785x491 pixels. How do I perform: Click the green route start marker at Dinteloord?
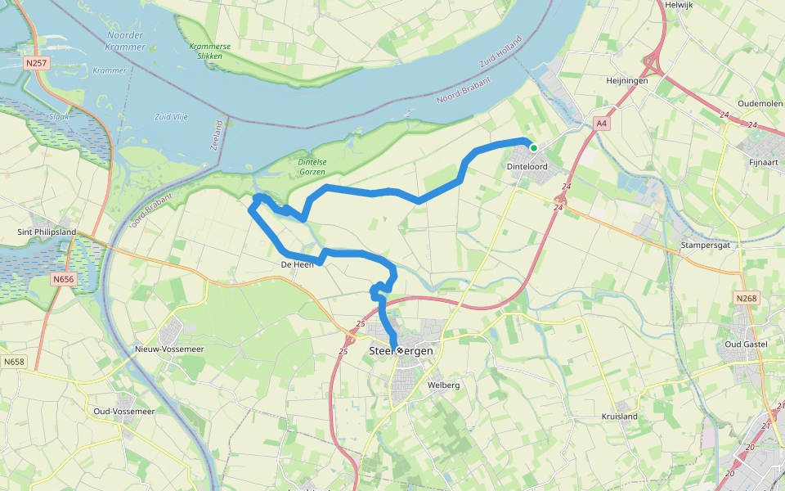[533, 148]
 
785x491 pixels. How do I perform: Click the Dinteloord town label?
[527, 166]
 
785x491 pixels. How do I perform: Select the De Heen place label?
[297, 264]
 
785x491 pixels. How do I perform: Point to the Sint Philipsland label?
[47, 232]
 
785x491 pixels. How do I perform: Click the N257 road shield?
[37, 62]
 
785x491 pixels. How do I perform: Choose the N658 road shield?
[14, 361]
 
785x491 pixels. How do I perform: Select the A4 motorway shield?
[602, 124]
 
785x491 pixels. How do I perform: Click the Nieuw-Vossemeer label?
[168, 349]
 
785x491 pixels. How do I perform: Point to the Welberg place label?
[444, 385]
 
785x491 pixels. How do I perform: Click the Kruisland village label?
[619, 417]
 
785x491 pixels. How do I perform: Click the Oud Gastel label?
[746, 344]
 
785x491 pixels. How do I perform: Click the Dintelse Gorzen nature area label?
[310, 167]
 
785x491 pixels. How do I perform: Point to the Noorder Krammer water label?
[125, 41]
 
